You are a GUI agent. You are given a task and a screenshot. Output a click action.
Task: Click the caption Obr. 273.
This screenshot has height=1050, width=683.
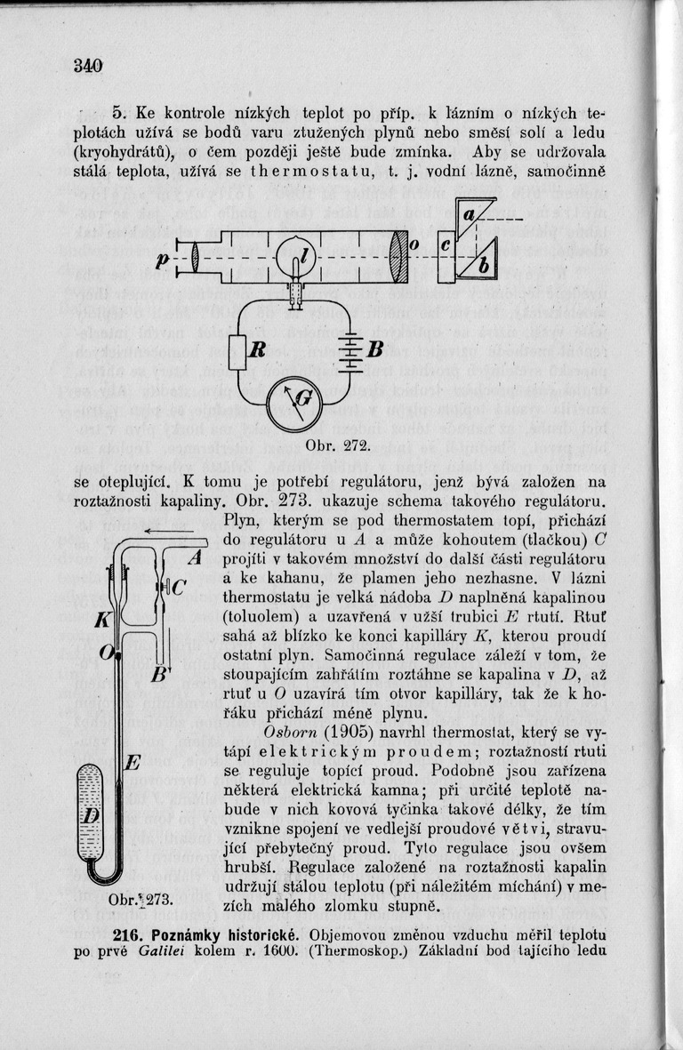[x=139, y=899]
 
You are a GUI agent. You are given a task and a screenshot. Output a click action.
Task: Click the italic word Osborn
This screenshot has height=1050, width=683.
[x=288, y=732]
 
